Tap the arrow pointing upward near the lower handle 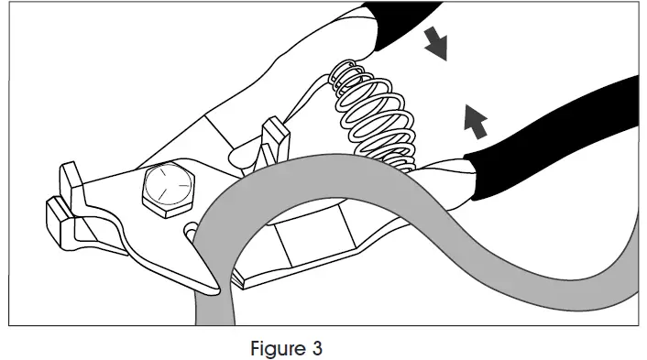pos(473,118)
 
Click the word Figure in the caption pos(272,349)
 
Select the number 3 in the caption pos(317,349)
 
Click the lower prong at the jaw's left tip pos(57,220)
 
